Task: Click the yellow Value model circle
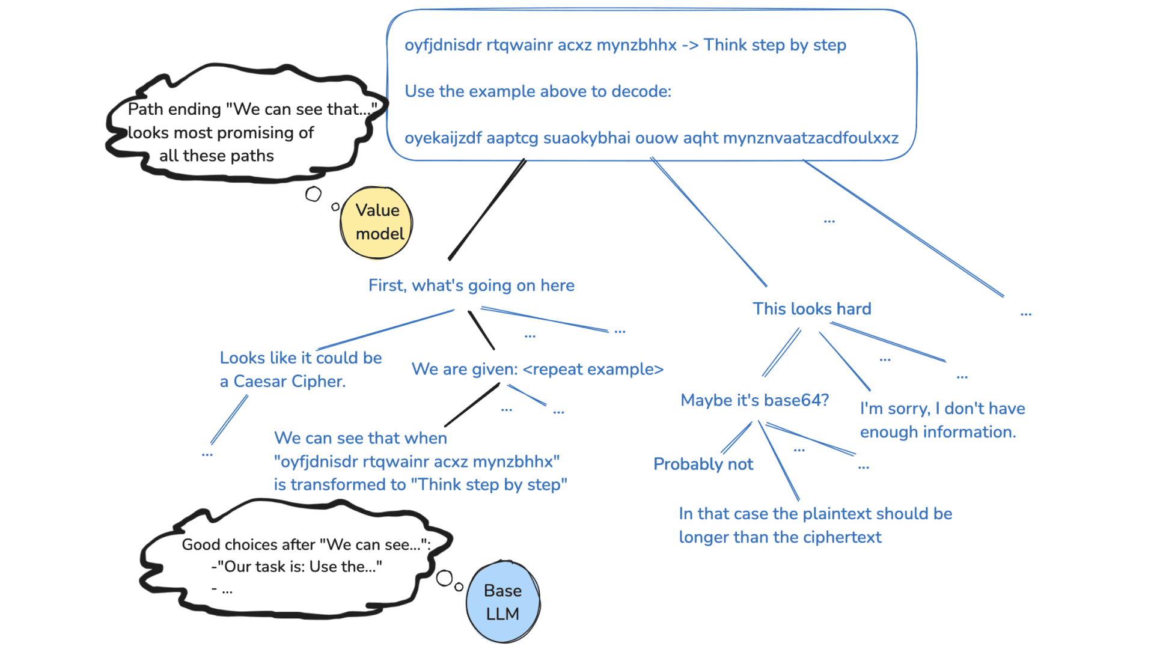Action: click(x=376, y=222)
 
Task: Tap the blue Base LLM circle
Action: click(x=502, y=602)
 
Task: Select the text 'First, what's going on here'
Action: click(x=471, y=285)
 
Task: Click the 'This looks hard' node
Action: click(x=811, y=309)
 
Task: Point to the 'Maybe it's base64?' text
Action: click(x=754, y=400)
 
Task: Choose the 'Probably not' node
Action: click(x=703, y=464)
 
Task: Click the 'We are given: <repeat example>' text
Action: click(x=537, y=369)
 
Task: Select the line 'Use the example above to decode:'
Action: click(x=538, y=91)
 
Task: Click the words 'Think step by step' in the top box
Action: click(x=775, y=45)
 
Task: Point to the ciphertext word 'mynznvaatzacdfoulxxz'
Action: click(x=810, y=138)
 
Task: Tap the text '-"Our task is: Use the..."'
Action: click(x=297, y=567)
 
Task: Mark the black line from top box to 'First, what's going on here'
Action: click(x=487, y=210)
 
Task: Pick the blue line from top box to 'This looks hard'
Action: click(x=709, y=222)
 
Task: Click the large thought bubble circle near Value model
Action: click(x=313, y=194)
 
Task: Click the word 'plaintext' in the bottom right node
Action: click(x=836, y=514)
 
